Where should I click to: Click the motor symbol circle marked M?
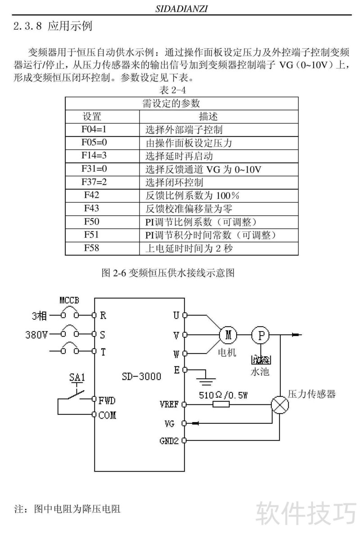click(x=228, y=335)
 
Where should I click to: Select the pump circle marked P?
click(x=260, y=335)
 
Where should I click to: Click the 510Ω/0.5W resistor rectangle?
click(x=221, y=404)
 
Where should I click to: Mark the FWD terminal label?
click(x=107, y=400)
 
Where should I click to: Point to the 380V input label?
click(x=36, y=335)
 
